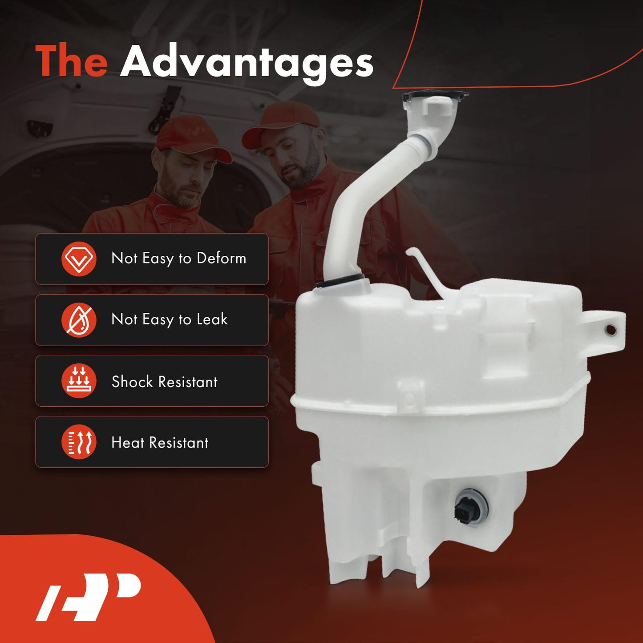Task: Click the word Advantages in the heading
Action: click(x=247, y=62)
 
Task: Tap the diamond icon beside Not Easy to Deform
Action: click(x=79, y=259)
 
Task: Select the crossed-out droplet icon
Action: click(x=79, y=320)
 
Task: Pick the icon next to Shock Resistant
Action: click(x=79, y=381)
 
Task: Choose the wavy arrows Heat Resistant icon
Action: click(x=79, y=442)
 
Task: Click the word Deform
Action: click(x=221, y=258)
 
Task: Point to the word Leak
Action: click(x=212, y=319)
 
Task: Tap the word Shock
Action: click(x=132, y=381)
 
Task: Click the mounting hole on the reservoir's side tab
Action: click(x=611, y=329)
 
